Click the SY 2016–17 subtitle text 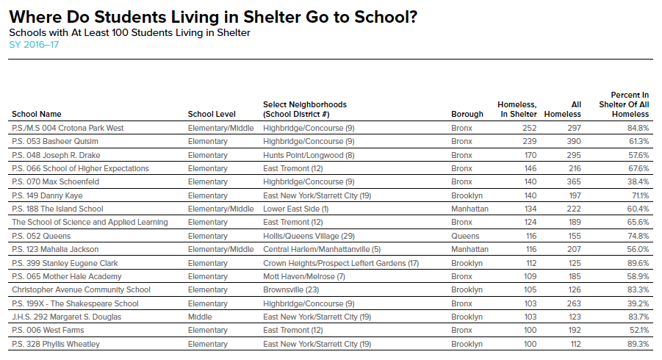coord(34,46)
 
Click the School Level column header coord(212,114)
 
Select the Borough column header coord(467,114)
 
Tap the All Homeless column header coord(566,109)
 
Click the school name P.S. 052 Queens coord(41,236)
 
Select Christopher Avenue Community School coord(81,289)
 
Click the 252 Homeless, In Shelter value coord(529,128)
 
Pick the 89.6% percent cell coord(636,263)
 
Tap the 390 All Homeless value coord(574,141)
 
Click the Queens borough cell coord(465,236)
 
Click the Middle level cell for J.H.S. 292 coord(200,317)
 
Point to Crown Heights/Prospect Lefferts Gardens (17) coord(341,263)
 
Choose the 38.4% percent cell coord(636,181)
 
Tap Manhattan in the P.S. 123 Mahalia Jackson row coord(469,249)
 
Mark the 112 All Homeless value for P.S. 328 coord(574,344)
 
